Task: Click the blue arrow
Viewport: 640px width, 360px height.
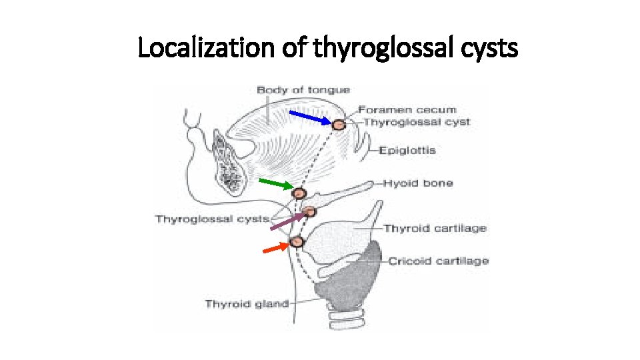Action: coord(310,117)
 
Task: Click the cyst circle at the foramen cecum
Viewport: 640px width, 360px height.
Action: coord(339,124)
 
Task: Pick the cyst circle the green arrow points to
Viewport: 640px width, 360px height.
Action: coord(299,193)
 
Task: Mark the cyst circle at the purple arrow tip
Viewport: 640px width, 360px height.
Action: coord(310,212)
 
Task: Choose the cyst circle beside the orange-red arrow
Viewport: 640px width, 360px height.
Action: coord(297,241)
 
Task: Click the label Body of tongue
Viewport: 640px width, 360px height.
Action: coord(303,90)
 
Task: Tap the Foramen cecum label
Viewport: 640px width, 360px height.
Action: coord(416,109)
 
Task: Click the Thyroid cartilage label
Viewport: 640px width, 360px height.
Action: coord(435,228)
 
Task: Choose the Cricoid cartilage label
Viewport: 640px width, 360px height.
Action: coord(438,261)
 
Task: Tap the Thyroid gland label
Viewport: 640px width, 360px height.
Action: coord(247,304)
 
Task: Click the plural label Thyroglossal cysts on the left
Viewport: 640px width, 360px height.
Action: coord(213,219)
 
